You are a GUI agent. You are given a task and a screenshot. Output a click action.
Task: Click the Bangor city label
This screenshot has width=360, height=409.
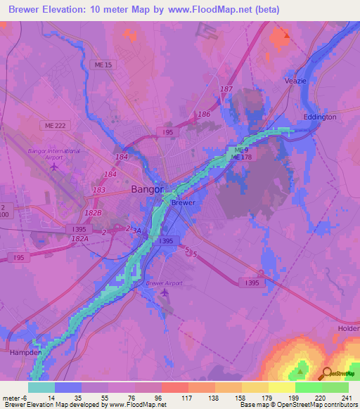tap(147, 189)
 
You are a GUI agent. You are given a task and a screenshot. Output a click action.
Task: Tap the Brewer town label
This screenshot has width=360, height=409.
tap(183, 202)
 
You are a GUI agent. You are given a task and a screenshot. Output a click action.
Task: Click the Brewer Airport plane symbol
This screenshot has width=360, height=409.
tap(165, 292)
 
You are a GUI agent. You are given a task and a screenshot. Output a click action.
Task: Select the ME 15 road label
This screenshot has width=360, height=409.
tap(103, 65)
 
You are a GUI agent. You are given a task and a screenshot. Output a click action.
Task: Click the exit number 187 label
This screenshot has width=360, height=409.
tap(226, 89)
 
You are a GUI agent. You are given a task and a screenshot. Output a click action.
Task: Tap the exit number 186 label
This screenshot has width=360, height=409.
tap(204, 114)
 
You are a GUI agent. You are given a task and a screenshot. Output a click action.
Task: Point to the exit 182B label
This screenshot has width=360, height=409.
tap(94, 212)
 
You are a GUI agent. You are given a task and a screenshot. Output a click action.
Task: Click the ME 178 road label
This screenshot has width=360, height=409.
tap(240, 157)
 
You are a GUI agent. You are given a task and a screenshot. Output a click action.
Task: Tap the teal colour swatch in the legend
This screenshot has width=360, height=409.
tap(41, 387)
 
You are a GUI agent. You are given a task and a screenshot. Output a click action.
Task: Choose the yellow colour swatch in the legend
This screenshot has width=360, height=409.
tap(281, 387)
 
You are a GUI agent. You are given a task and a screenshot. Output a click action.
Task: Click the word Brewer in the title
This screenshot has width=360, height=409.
tap(25, 10)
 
